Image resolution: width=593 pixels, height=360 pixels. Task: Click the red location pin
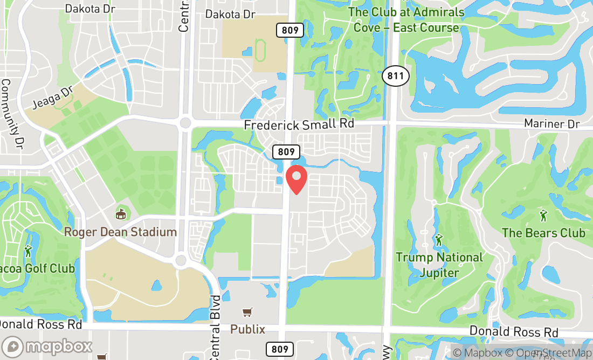tap(296, 179)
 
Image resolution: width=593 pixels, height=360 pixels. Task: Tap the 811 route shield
tap(395, 76)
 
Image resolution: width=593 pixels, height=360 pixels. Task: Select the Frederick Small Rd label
tap(299, 124)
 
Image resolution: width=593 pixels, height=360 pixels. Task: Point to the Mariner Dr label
tap(551, 123)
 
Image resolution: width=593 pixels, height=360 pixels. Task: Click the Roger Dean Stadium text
tap(120, 232)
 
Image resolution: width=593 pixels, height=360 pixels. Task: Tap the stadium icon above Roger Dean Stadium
tap(121, 214)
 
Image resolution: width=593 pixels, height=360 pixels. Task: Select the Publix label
tap(247, 329)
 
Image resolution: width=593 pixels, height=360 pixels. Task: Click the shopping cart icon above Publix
tap(247, 313)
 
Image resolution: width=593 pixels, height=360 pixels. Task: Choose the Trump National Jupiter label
tap(439, 265)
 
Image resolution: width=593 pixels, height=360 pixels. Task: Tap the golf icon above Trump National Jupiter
tap(439, 239)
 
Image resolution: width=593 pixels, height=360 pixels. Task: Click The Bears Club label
tap(543, 233)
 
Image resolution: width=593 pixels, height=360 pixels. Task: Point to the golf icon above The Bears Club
tap(543, 215)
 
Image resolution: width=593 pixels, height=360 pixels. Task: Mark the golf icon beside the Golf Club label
tap(28, 251)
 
